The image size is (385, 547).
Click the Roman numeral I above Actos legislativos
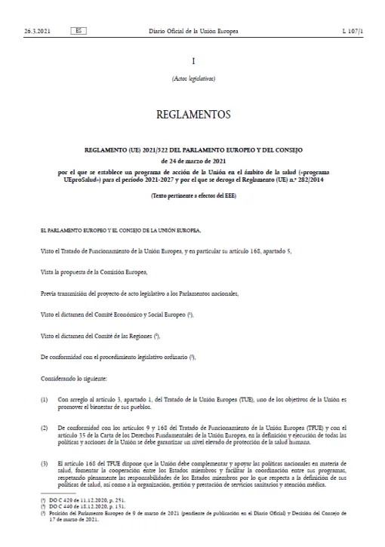click(x=193, y=60)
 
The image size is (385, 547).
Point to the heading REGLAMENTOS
click(x=192, y=115)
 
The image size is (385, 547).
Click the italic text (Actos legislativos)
click(x=193, y=79)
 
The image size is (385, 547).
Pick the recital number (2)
click(x=45, y=428)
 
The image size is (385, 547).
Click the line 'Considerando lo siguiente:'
click(x=75, y=376)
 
